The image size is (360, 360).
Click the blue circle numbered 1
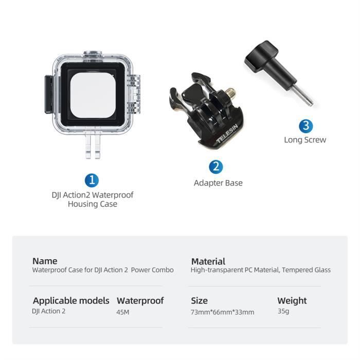(92, 181)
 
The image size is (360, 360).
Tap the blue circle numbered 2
(216, 167)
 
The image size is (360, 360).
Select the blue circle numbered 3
(306, 126)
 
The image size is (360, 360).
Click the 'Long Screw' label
(305, 140)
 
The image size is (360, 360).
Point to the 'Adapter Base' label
(218, 183)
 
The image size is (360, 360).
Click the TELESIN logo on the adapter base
(227, 134)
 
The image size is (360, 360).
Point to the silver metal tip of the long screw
(302, 96)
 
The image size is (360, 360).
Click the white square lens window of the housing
(93, 95)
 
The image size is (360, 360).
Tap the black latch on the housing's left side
(49, 94)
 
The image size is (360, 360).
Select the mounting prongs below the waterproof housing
(93, 146)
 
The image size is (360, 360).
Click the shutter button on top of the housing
(93, 53)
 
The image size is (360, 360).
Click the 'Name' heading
(45, 261)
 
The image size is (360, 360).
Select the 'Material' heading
(208, 261)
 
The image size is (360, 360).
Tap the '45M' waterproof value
(123, 312)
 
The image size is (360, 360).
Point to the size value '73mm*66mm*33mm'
(223, 312)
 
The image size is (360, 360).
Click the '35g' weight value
(283, 311)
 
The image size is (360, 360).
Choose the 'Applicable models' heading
(71, 301)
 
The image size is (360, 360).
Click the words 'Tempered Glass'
(307, 270)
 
